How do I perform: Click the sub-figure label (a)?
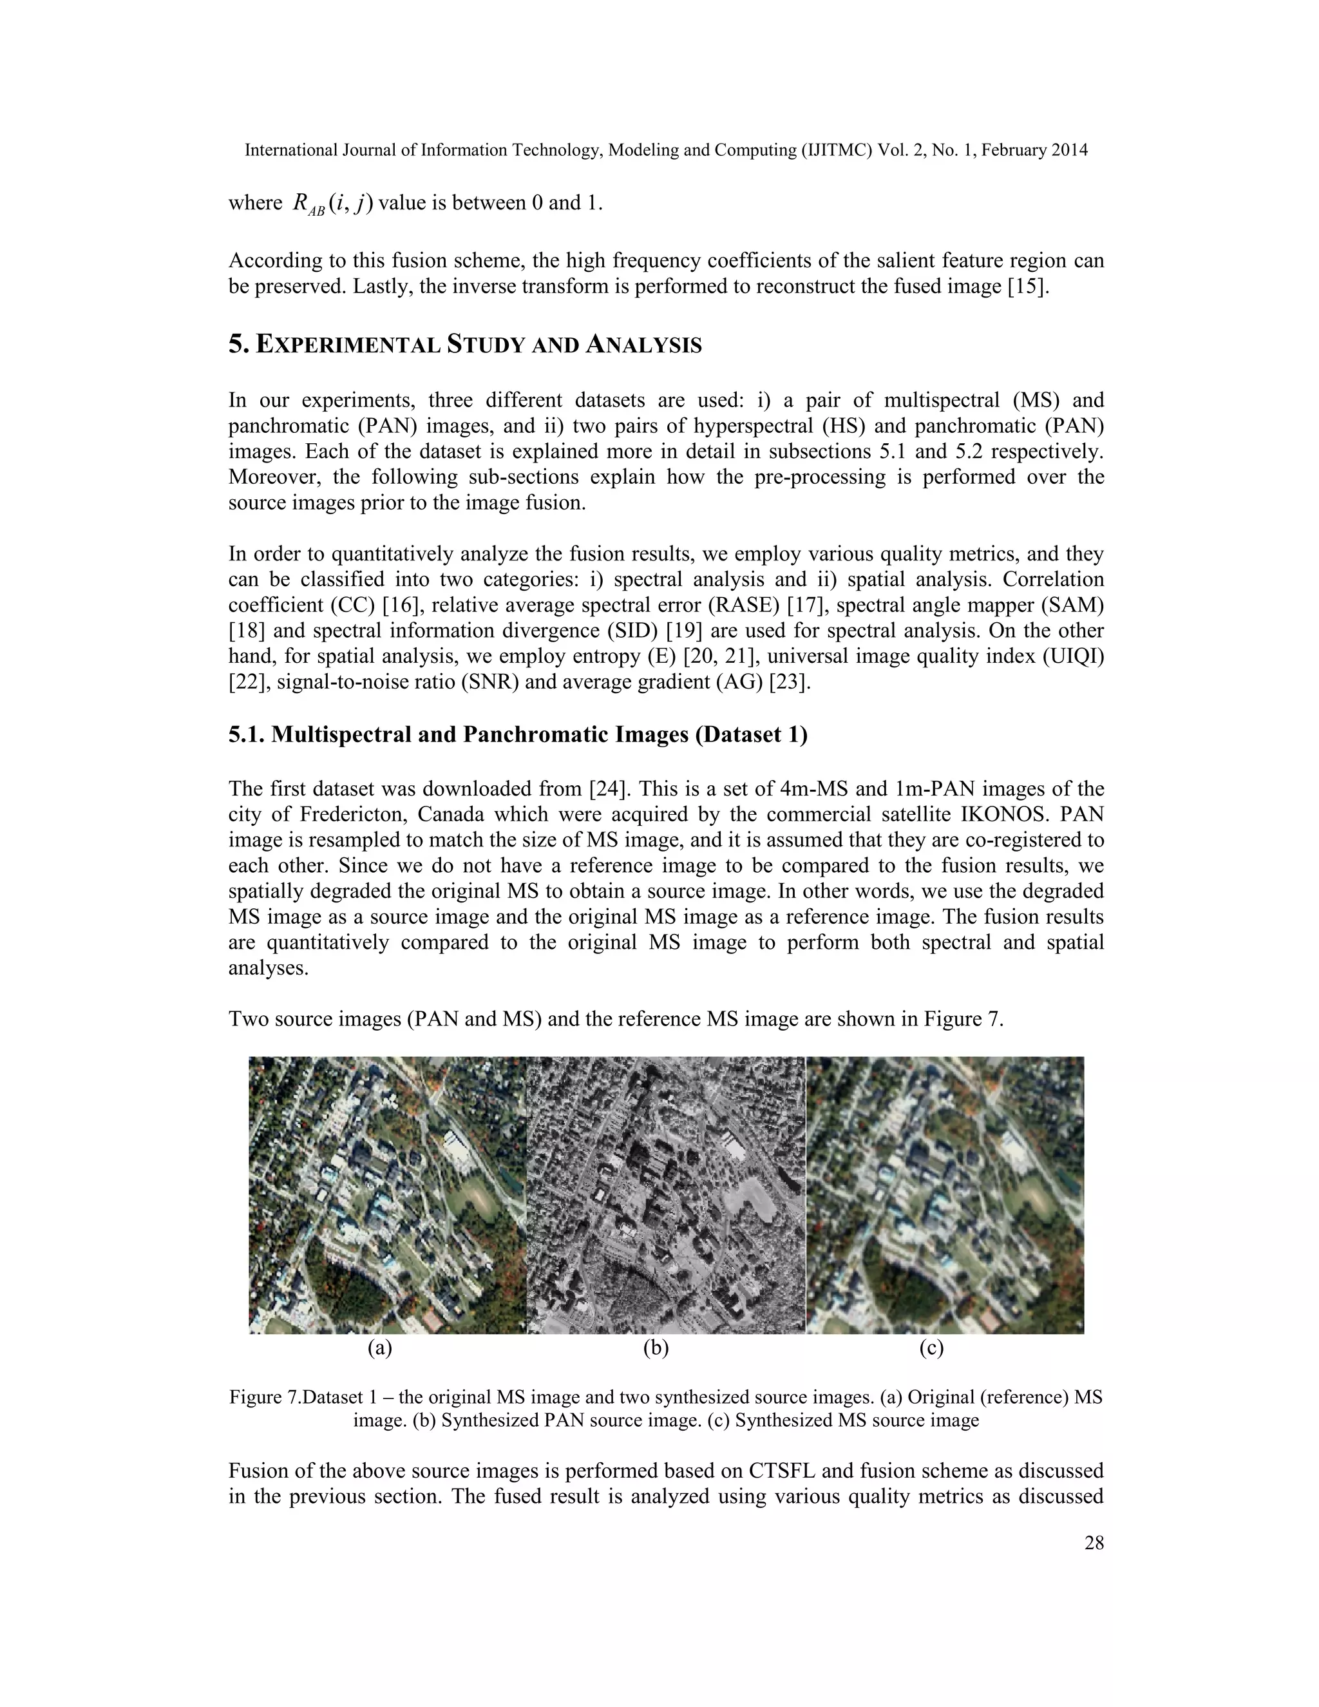(380, 1348)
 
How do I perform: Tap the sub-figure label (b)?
(656, 1348)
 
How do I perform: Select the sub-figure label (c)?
(931, 1348)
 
